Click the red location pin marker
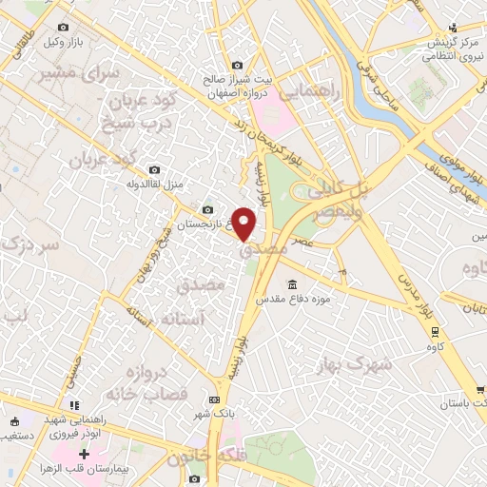coord(244,224)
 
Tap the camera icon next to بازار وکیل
coord(63,29)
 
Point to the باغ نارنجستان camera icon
coord(208,210)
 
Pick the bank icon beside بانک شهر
coord(214,399)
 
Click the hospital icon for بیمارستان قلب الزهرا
coord(85,455)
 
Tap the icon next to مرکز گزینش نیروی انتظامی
coord(455,27)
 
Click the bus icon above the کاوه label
coord(435,332)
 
